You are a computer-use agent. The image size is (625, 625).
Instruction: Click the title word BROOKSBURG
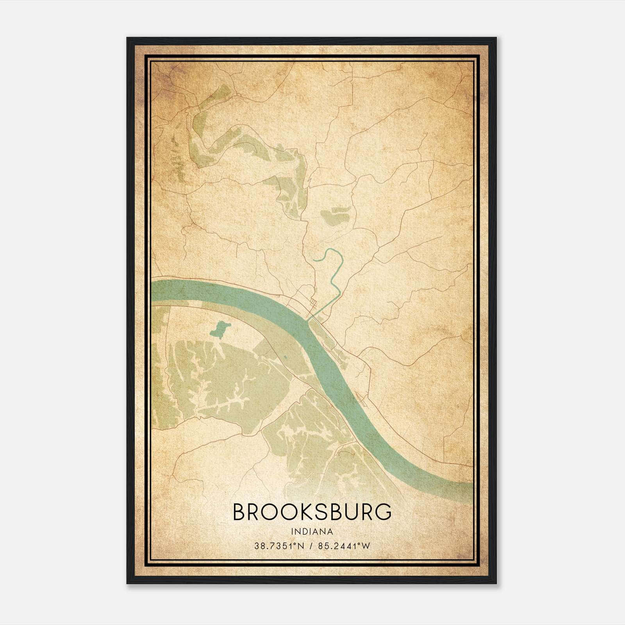coord(312,512)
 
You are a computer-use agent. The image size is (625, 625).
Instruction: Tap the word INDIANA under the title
coord(312,532)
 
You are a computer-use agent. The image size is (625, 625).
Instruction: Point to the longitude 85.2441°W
coord(344,546)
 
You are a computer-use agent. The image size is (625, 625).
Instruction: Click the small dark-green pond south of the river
coord(220,329)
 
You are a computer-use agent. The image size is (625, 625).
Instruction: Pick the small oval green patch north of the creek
coord(334,215)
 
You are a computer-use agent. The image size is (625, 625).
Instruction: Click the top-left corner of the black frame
coord(127,38)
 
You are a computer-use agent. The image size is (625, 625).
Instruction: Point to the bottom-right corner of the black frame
coord(496,583)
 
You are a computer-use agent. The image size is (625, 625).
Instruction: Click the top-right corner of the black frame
coord(496,38)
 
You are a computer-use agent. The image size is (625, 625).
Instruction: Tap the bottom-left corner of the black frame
coord(127,583)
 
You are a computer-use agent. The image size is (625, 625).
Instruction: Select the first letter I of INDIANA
coord(292,532)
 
